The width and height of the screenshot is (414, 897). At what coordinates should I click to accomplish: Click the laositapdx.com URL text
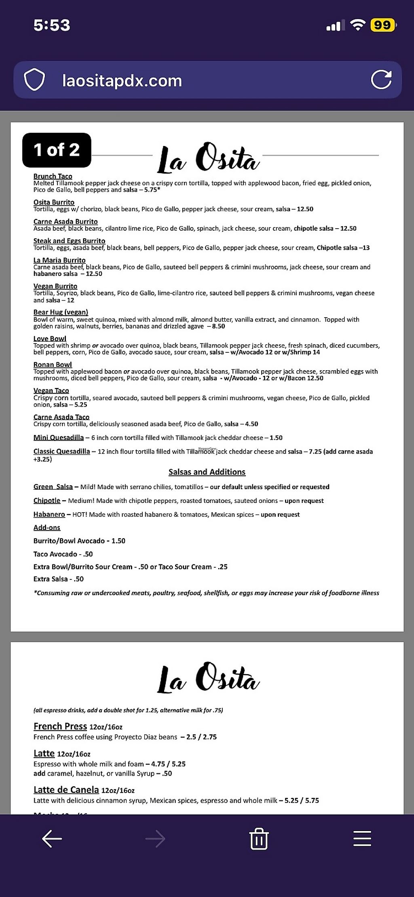[122, 81]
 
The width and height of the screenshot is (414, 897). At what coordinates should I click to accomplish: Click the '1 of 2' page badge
[57, 150]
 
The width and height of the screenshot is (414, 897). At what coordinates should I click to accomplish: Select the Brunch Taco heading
[53, 176]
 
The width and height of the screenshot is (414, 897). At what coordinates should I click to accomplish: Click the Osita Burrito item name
[54, 202]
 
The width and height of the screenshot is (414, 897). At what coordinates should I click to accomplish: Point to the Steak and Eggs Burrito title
[69, 241]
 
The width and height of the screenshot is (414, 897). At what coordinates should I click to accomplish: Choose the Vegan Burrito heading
[55, 286]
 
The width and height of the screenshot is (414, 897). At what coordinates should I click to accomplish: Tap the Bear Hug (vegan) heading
[61, 312]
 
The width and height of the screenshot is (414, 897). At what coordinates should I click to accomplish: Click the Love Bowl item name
[50, 339]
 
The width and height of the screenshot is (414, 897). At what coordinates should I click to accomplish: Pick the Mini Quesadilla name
[58, 437]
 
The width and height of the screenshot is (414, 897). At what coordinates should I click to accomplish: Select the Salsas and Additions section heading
[207, 472]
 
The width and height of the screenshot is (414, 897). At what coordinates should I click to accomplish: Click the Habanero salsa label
[49, 514]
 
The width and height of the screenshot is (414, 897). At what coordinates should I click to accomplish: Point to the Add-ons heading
[46, 528]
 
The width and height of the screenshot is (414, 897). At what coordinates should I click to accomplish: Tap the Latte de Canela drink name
[66, 790]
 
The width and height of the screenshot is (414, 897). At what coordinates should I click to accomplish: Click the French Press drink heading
[60, 726]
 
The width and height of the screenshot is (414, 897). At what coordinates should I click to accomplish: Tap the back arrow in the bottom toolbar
[52, 838]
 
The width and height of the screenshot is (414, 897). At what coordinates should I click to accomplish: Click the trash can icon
[259, 838]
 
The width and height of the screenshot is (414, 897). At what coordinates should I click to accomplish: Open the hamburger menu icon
[362, 838]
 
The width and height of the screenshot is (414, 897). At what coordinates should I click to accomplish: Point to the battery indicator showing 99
[382, 25]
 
